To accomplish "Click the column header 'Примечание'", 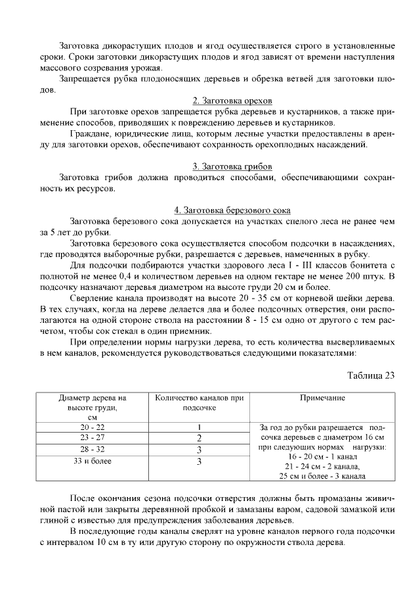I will [x=322, y=398].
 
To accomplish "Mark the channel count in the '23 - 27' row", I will [x=198, y=438].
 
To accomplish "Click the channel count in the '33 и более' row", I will [x=198, y=462].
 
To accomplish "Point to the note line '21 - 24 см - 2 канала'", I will [x=322, y=465].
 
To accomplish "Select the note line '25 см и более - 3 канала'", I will [x=322, y=475].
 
